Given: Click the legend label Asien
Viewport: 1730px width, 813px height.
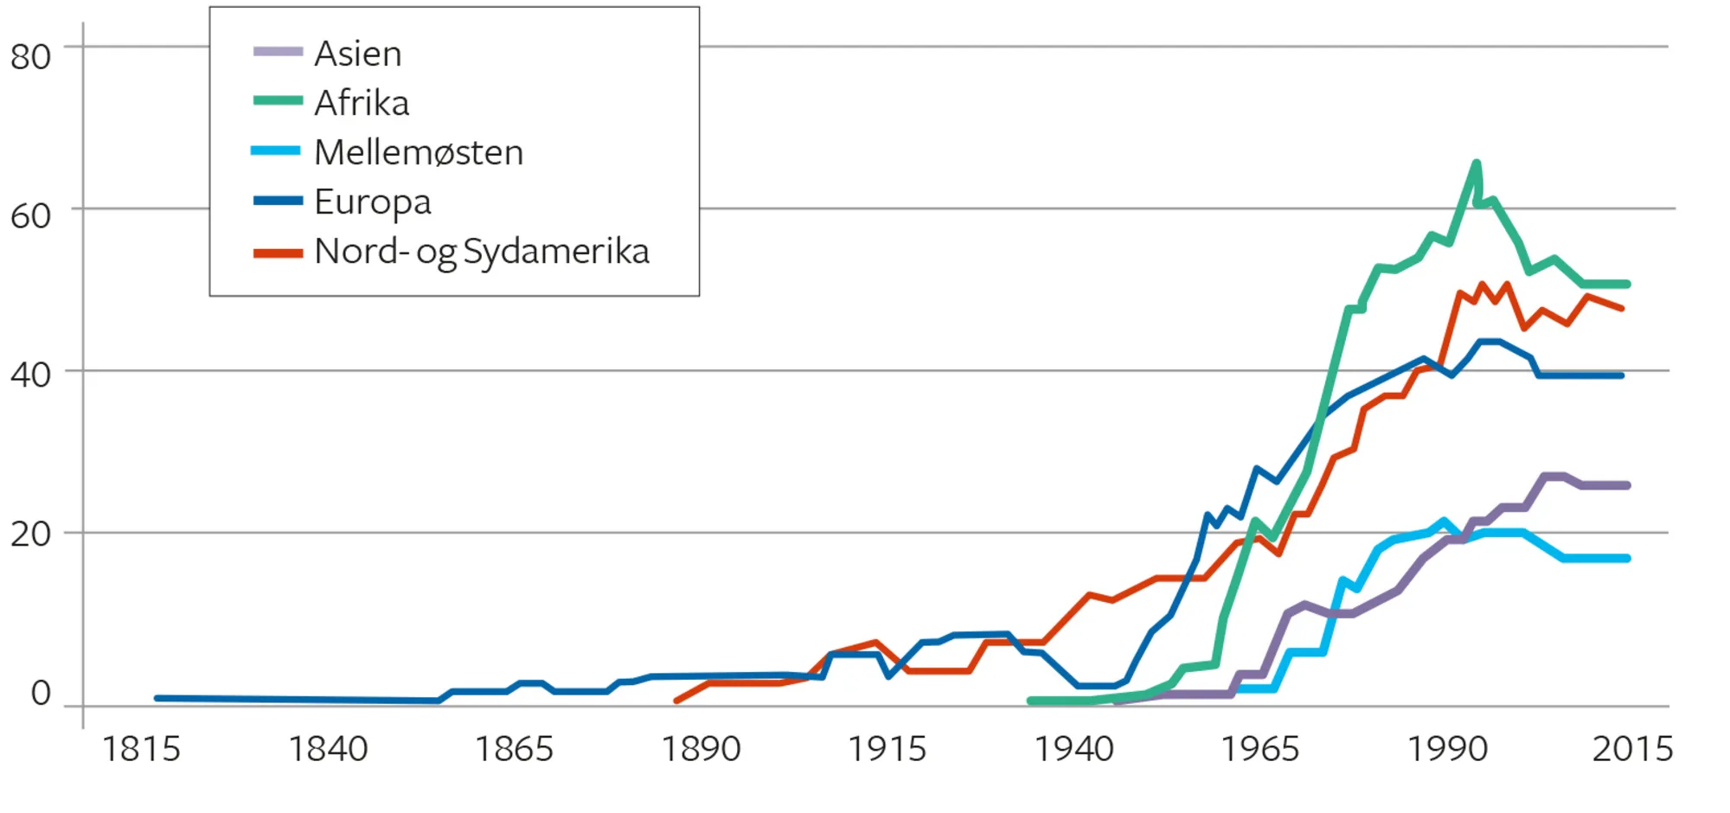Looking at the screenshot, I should [357, 54].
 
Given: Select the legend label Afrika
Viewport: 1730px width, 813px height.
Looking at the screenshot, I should [362, 103].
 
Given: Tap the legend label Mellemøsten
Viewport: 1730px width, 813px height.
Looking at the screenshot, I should [419, 152].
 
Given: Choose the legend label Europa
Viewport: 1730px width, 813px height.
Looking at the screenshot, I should [372, 202].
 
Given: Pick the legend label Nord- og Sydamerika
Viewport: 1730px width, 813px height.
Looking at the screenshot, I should [482, 252].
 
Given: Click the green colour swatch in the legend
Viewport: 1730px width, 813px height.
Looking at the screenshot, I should [278, 101].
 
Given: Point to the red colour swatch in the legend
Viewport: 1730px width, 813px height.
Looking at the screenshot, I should [278, 253].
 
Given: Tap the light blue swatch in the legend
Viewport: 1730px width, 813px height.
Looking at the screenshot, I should [276, 151].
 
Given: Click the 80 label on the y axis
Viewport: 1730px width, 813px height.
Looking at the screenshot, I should [31, 57].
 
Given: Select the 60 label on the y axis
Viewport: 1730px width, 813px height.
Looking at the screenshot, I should [31, 216].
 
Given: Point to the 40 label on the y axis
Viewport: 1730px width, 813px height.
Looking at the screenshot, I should [31, 375].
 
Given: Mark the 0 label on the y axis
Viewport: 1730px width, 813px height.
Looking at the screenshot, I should [41, 694].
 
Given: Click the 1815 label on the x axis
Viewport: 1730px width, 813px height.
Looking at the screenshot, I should [141, 749].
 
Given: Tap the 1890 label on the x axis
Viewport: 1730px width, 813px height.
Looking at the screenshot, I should [701, 749].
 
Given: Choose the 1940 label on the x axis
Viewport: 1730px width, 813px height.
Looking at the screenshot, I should [1073, 749].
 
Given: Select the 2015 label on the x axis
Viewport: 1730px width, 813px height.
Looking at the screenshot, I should [1632, 749].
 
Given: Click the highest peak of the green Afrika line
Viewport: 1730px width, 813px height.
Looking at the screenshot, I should [1476, 163].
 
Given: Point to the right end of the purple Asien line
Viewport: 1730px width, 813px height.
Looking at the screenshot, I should [1627, 485].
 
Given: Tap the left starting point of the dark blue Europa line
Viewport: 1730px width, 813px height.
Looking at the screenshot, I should [157, 697].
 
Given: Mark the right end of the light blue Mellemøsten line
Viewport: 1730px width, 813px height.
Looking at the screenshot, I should [1627, 559].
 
